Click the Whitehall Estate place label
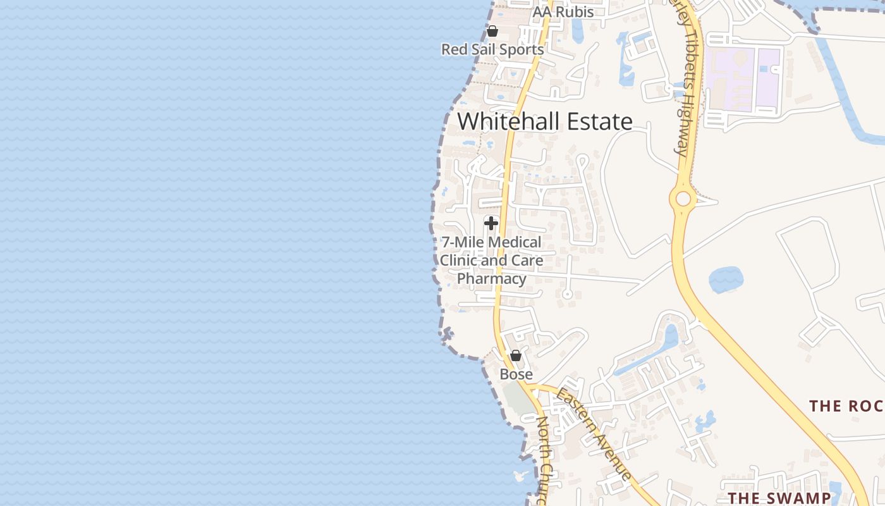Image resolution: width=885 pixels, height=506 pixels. click(545, 121)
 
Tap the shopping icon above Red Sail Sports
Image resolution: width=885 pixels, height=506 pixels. click(492, 31)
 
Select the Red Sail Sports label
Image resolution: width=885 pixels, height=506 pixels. click(492, 49)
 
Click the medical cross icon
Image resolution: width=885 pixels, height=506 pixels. click(491, 223)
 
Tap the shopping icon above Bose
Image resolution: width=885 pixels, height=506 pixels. click(516, 355)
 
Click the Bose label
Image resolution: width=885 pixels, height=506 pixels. click(516, 374)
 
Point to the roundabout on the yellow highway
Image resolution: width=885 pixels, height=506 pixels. click(683, 199)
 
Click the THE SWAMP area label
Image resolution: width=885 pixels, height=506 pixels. click(779, 498)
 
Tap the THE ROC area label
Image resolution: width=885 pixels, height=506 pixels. click(846, 405)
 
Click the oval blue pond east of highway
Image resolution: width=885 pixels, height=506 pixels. click(726, 280)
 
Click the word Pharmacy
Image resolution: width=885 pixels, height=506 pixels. click(492, 279)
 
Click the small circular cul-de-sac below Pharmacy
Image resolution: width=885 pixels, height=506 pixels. click(567, 294)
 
